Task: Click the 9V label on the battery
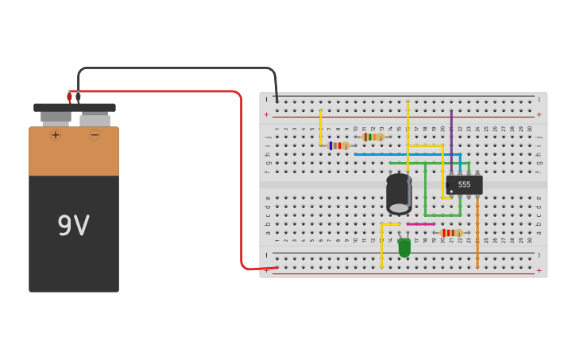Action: coord(74,226)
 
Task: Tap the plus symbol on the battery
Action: coord(56,135)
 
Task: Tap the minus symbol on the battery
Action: coord(95,135)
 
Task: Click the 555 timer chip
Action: coord(465,184)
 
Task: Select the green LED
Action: coord(404,248)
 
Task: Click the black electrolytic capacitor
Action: coord(399,194)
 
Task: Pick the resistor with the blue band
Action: coord(338,145)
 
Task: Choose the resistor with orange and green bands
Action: coord(372,137)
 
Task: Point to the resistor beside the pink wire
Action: coord(451,233)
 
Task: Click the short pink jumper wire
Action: coord(420,224)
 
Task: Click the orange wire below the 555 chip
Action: coord(477,234)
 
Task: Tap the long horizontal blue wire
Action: coord(405,154)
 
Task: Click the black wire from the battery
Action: coord(175,68)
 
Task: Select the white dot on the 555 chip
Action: coord(451,191)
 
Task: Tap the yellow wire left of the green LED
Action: coord(381,246)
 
